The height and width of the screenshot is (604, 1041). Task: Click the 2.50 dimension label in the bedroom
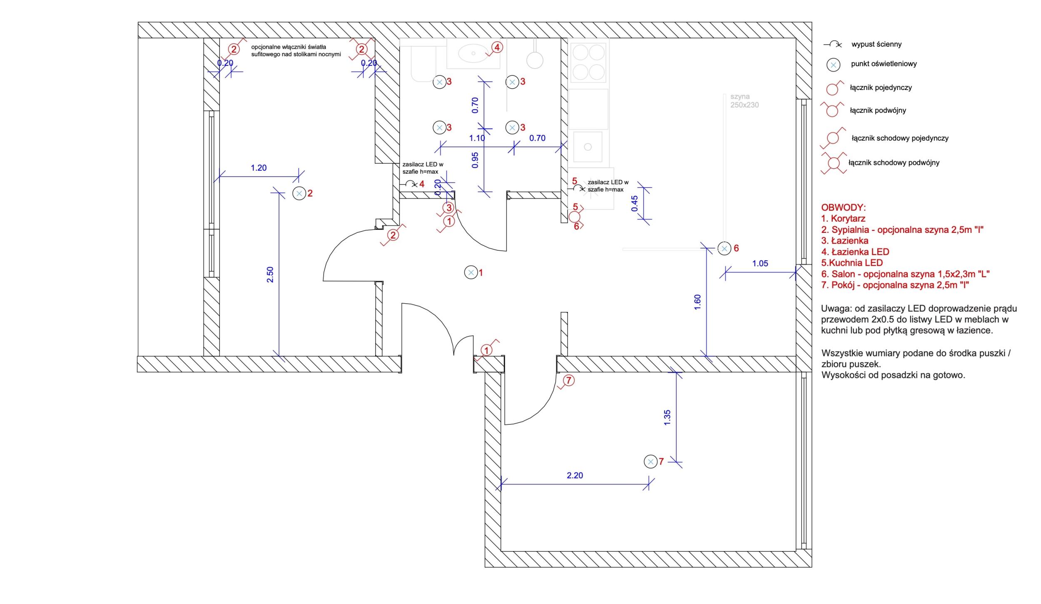click(x=270, y=275)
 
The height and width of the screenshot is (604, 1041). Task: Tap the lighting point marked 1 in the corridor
click(x=471, y=273)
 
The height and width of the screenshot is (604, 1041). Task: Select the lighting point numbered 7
click(x=650, y=462)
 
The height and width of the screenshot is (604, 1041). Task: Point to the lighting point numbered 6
click(x=725, y=249)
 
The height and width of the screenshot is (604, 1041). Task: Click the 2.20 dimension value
click(x=575, y=475)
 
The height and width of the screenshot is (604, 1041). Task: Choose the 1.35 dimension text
click(x=667, y=417)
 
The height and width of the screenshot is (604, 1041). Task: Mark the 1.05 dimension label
click(x=760, y=263)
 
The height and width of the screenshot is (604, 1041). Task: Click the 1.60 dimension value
click(x=697, y=302)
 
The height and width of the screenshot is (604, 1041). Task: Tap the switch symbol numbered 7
click(x=568, y=380)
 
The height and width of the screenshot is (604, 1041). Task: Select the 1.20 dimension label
click(x=259, y=168)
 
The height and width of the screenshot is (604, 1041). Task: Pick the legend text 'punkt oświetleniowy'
click(x=884, y=64)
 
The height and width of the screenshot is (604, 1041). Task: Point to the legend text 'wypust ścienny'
click(x=877, y=44)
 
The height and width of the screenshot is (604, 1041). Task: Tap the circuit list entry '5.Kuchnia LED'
click(x=852, y=263)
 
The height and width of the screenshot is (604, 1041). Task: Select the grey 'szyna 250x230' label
click(x=745, y=101)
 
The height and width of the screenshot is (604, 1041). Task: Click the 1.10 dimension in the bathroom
click(x=477, y=138)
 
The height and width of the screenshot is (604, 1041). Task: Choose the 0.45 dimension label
click(x=635, y=203)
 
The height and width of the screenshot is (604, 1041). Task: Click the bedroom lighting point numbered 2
click(x=299, y=193)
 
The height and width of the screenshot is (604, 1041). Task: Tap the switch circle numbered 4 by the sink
click(x=497, y=47)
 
